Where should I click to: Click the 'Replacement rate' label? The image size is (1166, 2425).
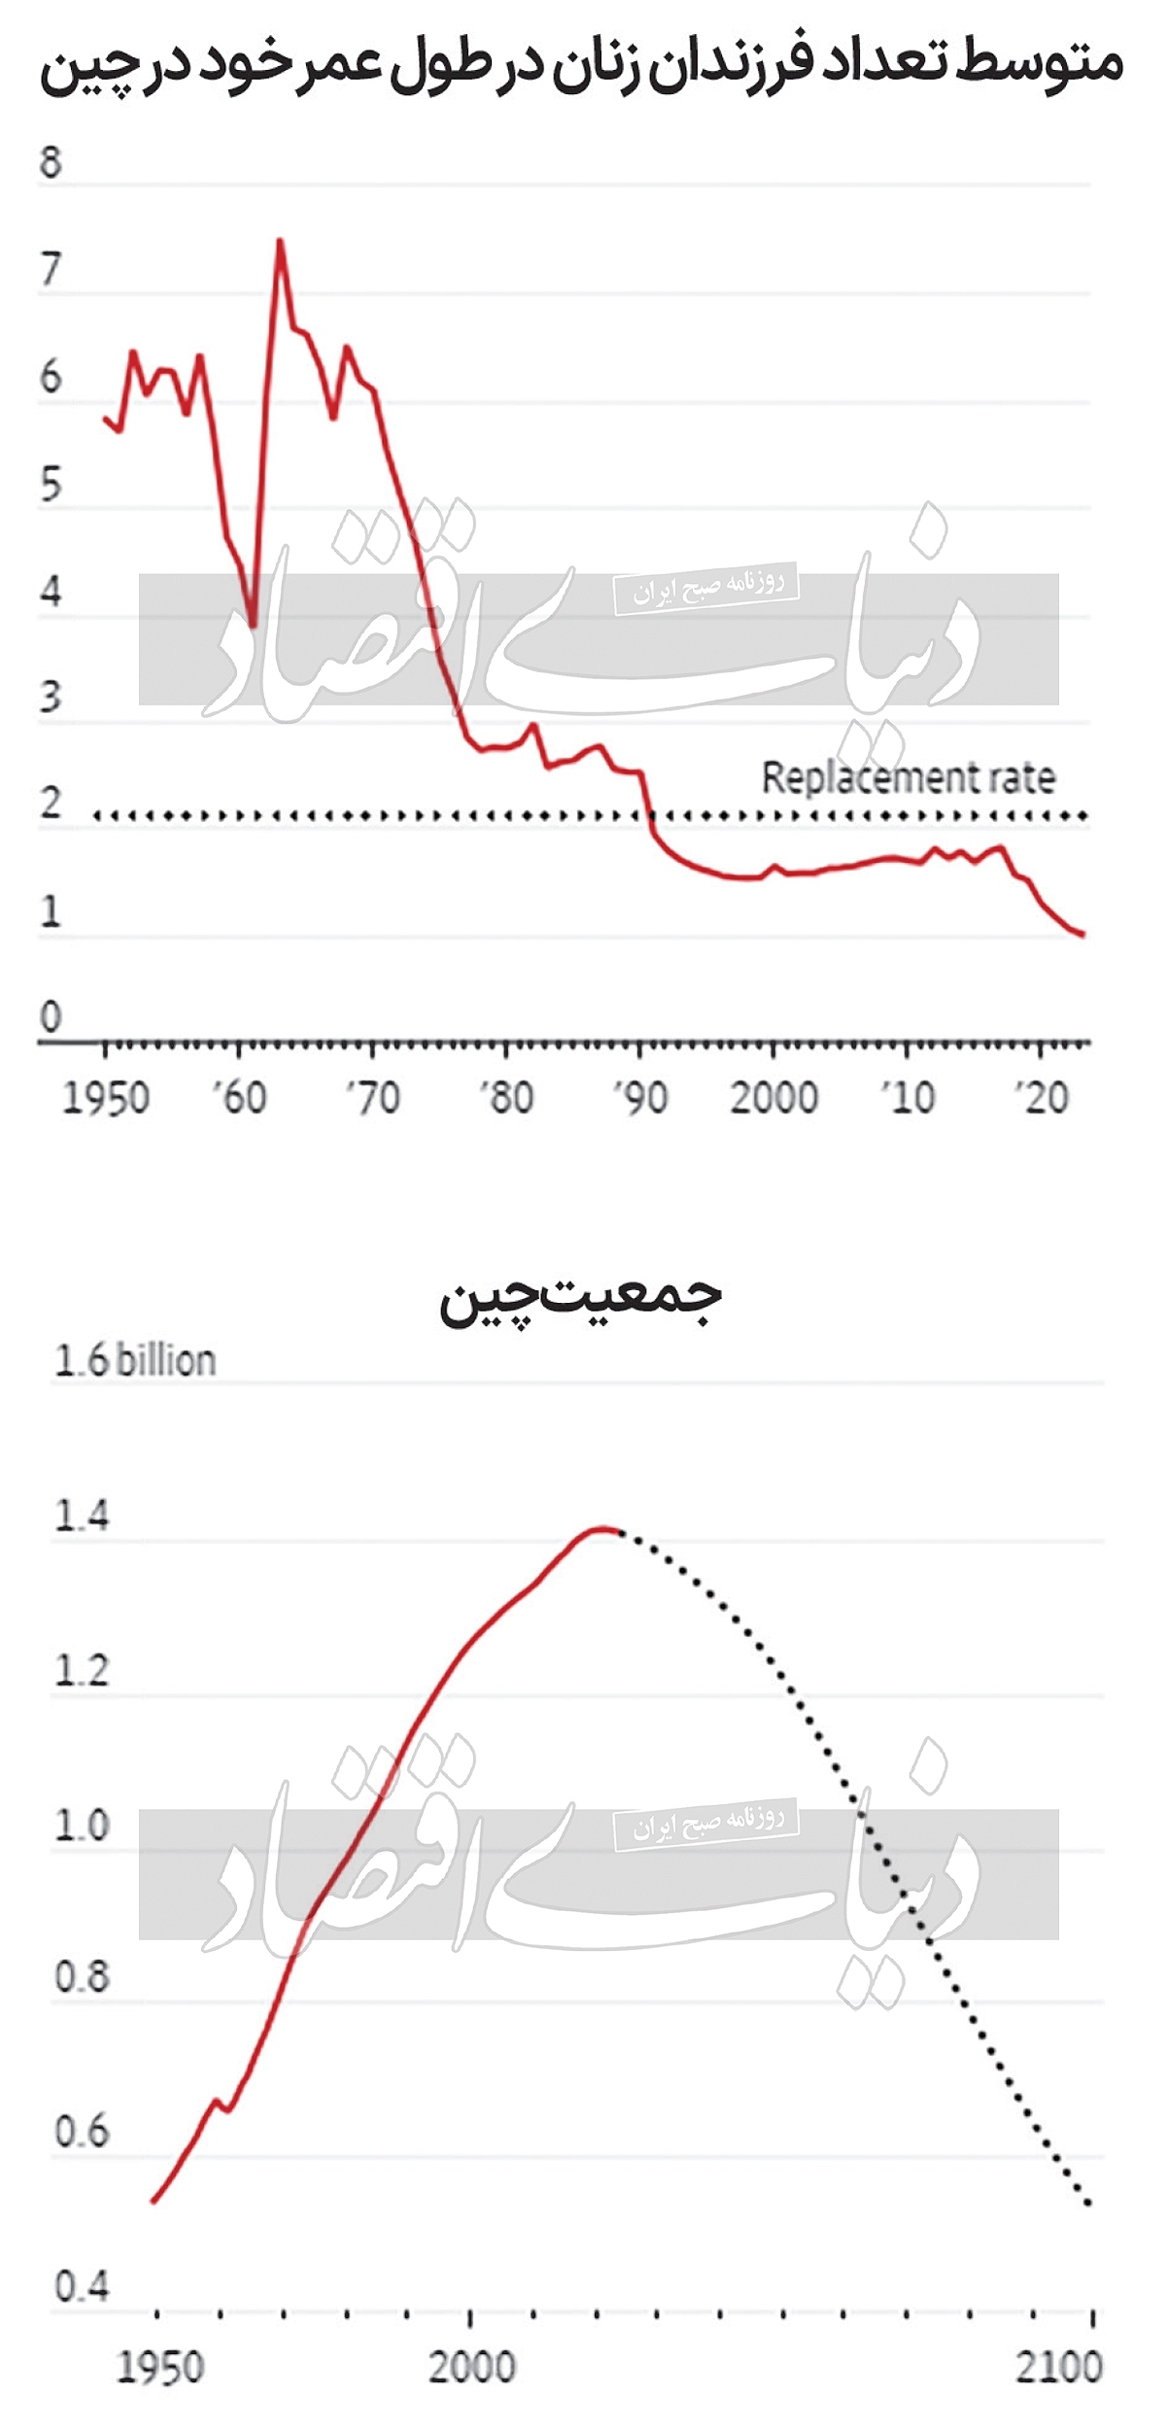908,777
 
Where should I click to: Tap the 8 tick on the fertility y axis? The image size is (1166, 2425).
51,161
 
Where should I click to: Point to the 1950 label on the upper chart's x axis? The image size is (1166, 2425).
106,1098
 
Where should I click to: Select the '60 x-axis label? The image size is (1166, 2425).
239,1098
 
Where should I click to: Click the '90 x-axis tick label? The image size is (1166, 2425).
640,1098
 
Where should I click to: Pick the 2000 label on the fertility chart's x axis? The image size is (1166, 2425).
773,1098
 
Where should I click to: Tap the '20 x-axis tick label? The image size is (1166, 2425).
1042,1098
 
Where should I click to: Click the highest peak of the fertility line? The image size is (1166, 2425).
280,240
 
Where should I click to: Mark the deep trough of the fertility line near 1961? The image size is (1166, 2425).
253,626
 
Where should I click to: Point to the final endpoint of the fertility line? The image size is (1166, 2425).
1082,935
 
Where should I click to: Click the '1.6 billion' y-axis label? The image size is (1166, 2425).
134,1360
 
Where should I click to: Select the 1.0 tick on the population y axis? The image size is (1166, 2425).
82,1826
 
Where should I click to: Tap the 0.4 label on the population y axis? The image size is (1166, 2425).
82,2288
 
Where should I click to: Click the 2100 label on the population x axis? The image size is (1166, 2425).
1059,2368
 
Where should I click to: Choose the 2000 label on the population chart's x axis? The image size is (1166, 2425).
471,2368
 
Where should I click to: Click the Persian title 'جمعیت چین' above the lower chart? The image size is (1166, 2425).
580,1299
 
